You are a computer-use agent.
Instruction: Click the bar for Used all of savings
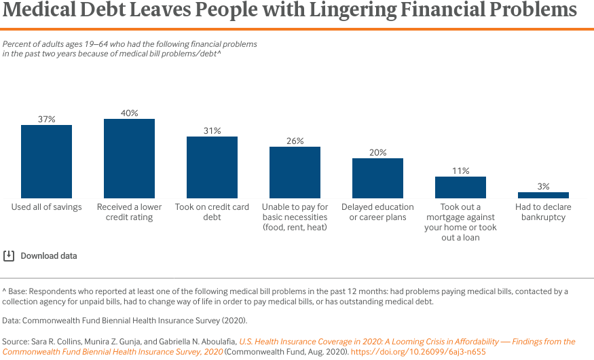tap(46, 161)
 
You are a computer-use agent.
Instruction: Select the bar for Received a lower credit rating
tap(129, 158)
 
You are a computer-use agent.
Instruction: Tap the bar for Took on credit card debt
tap(212, 167)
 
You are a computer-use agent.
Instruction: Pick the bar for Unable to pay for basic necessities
tap(295, 172)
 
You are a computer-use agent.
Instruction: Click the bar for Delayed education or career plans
tap(377, 178)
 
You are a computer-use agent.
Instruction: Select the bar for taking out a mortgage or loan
tap(460, 187)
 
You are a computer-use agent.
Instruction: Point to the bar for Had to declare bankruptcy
tap(543, 195)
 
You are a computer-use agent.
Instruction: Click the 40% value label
tap(129, 113)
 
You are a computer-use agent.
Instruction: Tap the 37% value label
tap(46, 119)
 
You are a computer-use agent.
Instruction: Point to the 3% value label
tap(543, 186)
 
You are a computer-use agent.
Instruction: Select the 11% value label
tap(460, 170)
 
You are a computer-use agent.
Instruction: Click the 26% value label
tap(295, 141)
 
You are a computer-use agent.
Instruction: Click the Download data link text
tap(49, 256)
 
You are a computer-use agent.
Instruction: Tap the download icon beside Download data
tap(9, 256)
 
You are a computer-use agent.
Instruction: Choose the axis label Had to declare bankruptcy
tap(543, 212)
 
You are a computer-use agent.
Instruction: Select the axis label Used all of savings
tap(46, 207)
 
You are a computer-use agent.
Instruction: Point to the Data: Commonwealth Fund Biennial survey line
tap(124, 320)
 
